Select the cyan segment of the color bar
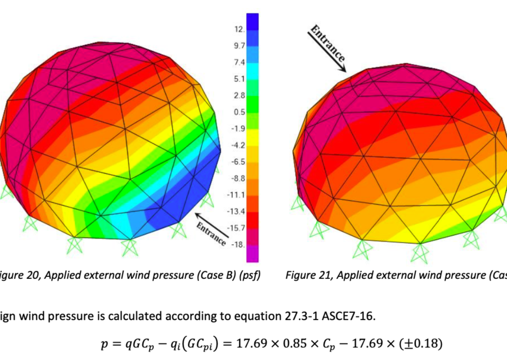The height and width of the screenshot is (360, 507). click(252, 79)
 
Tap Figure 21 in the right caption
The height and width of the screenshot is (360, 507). click(307, 275)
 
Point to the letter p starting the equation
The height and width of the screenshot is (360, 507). click(104, 344)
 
